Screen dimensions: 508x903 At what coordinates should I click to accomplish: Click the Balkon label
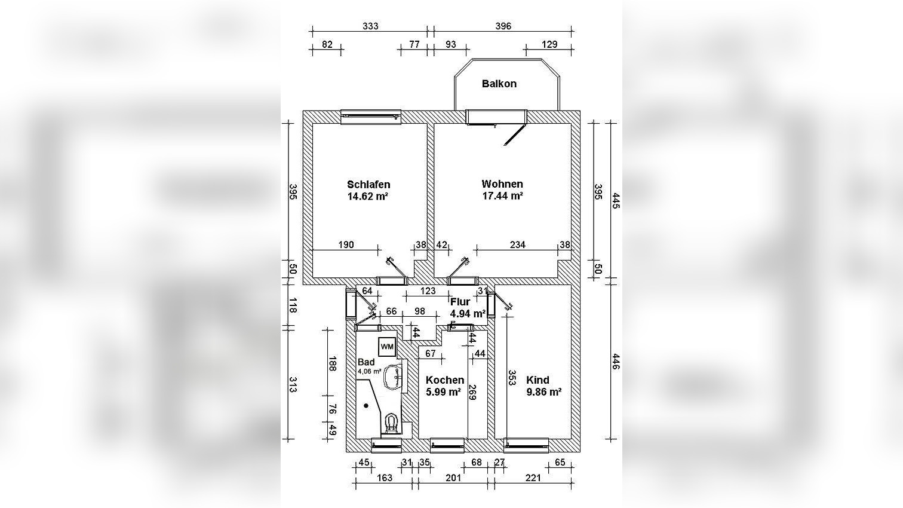click(x=499, y=84)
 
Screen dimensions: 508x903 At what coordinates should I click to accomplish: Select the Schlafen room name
click(x=368, y=185)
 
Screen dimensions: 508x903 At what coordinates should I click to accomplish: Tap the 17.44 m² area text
click(x=502, y=195)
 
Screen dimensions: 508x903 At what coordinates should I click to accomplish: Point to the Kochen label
click(x=444, y=380)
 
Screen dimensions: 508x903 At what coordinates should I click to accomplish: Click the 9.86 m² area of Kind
click(x=543, y=392)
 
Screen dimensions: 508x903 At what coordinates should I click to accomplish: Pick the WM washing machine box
click(x=387, y=346)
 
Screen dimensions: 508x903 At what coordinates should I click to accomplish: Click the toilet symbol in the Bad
click(x=392, y=423)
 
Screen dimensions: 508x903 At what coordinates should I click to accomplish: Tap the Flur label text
click(x=460, y=302)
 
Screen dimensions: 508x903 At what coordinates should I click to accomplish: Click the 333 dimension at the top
click(x=370, y=26)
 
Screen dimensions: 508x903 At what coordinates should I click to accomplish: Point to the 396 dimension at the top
click(x=503, y=26)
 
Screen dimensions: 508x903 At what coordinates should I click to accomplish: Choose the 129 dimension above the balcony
click(x=549, y=44)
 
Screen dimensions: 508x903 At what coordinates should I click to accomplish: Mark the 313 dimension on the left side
click(x=293, y=385)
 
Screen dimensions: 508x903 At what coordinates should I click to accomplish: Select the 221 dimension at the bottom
click(x=533, y=478)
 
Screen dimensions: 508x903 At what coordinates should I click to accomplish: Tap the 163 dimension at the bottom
click(x=385, y=478)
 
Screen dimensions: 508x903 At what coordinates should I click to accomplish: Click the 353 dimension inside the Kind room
click(x=512, y=378)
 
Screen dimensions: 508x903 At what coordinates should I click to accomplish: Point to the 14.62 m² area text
click(x=368, y=195)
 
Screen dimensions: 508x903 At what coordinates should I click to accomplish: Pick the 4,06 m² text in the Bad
click(x=369, y=371)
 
